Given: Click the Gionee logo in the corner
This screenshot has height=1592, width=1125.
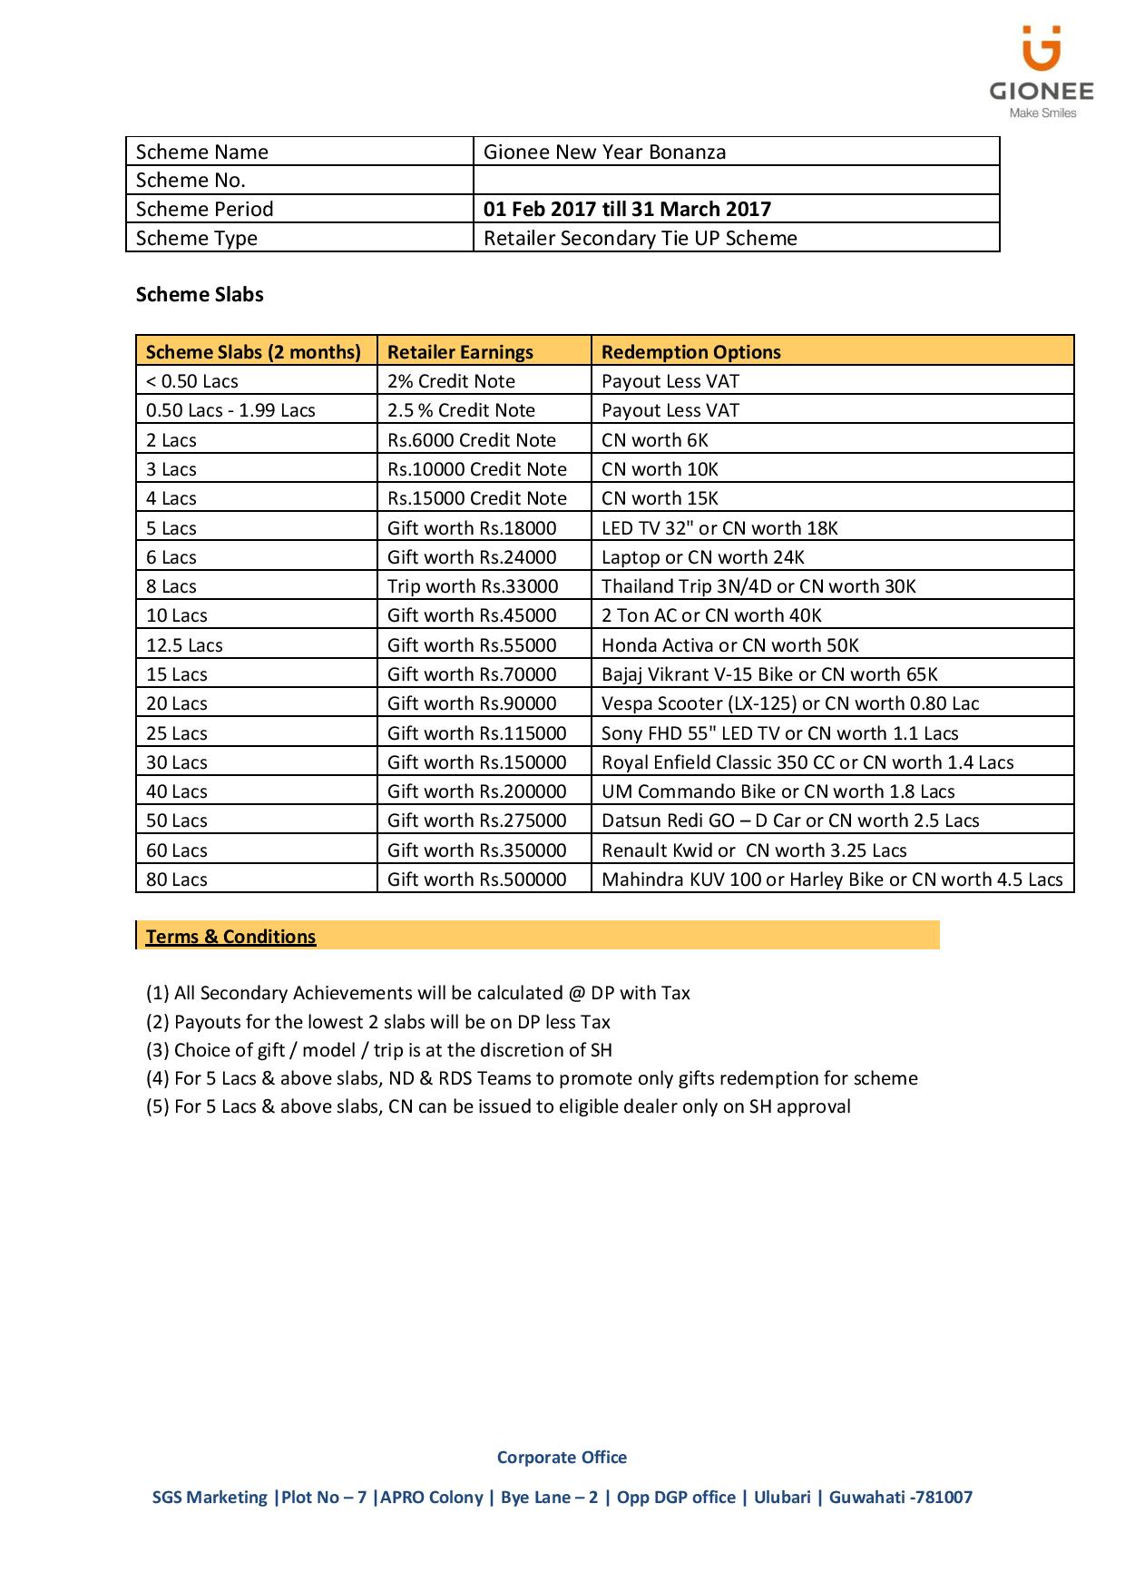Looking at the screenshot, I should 1041,72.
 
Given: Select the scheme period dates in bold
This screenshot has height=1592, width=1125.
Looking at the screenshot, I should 627,209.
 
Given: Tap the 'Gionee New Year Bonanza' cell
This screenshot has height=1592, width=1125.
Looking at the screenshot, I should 604,152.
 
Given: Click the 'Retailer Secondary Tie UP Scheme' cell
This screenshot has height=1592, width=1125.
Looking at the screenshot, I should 640,238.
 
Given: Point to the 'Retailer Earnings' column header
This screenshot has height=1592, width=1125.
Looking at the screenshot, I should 460,352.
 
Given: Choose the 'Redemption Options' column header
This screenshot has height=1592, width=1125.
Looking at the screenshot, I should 690,352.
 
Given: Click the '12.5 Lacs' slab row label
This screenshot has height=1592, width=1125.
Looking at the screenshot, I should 184,645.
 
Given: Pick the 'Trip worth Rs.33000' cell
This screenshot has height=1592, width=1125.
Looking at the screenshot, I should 473,586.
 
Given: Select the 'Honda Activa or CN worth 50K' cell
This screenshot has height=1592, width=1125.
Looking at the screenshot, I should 729,645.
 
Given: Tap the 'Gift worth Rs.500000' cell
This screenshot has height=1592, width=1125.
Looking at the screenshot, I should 476,880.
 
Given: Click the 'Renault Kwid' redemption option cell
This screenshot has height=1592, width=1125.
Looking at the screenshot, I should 753,850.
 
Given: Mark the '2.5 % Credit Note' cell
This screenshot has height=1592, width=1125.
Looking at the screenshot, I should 461,410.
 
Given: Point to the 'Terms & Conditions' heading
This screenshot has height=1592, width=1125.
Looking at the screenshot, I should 230,937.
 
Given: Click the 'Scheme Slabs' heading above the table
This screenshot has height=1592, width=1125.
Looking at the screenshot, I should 200,294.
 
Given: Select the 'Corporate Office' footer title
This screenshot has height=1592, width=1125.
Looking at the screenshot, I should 562,1457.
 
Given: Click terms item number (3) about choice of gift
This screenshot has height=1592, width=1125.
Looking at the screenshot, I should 379,1050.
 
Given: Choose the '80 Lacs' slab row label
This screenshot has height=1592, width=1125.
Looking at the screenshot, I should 176,880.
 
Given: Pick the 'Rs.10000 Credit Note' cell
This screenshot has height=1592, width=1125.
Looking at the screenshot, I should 476,469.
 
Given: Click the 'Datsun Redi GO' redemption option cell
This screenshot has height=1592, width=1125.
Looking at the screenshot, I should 789,821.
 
